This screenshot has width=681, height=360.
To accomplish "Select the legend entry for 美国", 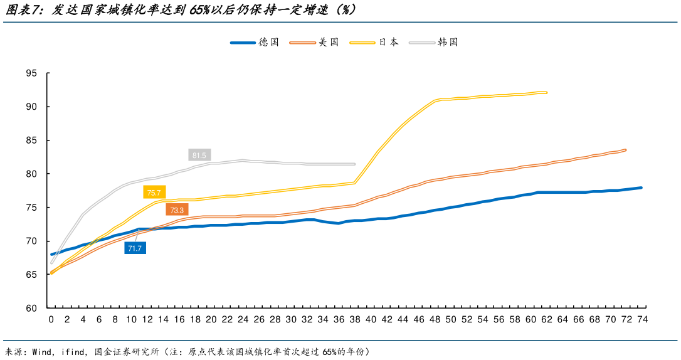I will point(314,43).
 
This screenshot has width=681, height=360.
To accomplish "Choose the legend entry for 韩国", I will point(433,43).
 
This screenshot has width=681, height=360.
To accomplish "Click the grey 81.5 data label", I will point(200,155).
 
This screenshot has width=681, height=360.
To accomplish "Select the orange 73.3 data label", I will point(177,210).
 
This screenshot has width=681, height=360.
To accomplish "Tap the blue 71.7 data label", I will point(135,248).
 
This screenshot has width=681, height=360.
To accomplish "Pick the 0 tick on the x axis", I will point(51,320).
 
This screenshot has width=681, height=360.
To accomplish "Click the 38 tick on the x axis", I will point(355,320).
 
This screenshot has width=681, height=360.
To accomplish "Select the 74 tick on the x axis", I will point(642,320).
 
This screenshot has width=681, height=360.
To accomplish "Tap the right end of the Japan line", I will point(546,92).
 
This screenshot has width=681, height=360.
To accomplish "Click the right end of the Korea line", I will point(354,164).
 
